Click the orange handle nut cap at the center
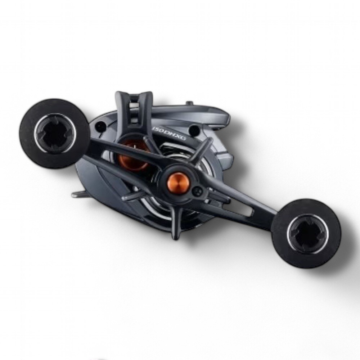pyautogui.click(x=178, y=182)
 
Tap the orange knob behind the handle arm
pyautogui.click(x=132, y=159)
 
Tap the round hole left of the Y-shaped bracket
pyautogui.click(x=101, y=126)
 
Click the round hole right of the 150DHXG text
pyautogui.click(x=194, y=130)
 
